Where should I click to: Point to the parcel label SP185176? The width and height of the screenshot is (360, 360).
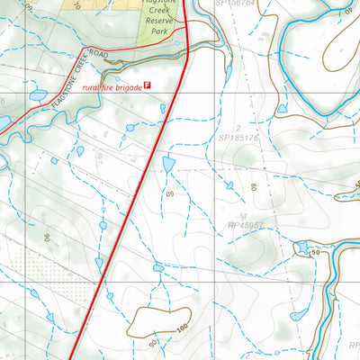[x=238, y=139]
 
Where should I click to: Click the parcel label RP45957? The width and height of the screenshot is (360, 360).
[x=245, y=224]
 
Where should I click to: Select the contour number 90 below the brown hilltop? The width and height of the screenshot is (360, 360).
[x=153, y=343]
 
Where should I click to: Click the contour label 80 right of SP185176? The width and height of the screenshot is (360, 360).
[x=255, y=188]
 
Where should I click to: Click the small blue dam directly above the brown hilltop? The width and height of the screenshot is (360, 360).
[x=158, y=266]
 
